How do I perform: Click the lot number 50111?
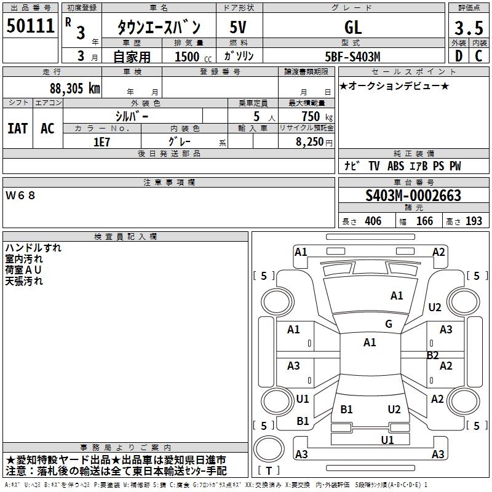(x=30, y=26)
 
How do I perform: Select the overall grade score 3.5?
(x=469, y=28)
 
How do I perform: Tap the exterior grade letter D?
(x=459, y=56)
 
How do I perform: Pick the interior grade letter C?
(x=478, y=56)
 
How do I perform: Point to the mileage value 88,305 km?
(x=74, y=89)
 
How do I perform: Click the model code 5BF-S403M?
(x=352, y=57)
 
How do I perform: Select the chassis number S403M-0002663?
(x=413, y=196)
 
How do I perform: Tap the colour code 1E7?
(x=101, y=142)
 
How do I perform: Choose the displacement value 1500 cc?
(x=193, y=57)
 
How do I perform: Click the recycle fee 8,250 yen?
(x=314, y=142)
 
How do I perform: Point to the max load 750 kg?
(x=317, y=116)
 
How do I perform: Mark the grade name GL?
(x=353, y=27)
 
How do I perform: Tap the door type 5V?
(x=238, y=27)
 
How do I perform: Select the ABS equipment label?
(x=395, y=166)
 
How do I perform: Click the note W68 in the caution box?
(x=20, y=196)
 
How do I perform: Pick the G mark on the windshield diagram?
(x=389, y=324)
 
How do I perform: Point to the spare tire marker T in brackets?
(x=269, y=470)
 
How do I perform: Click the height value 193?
(x=474, y=221)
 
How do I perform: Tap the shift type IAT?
(x=17, y=129)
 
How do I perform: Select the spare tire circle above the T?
(x=269, y=436)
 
